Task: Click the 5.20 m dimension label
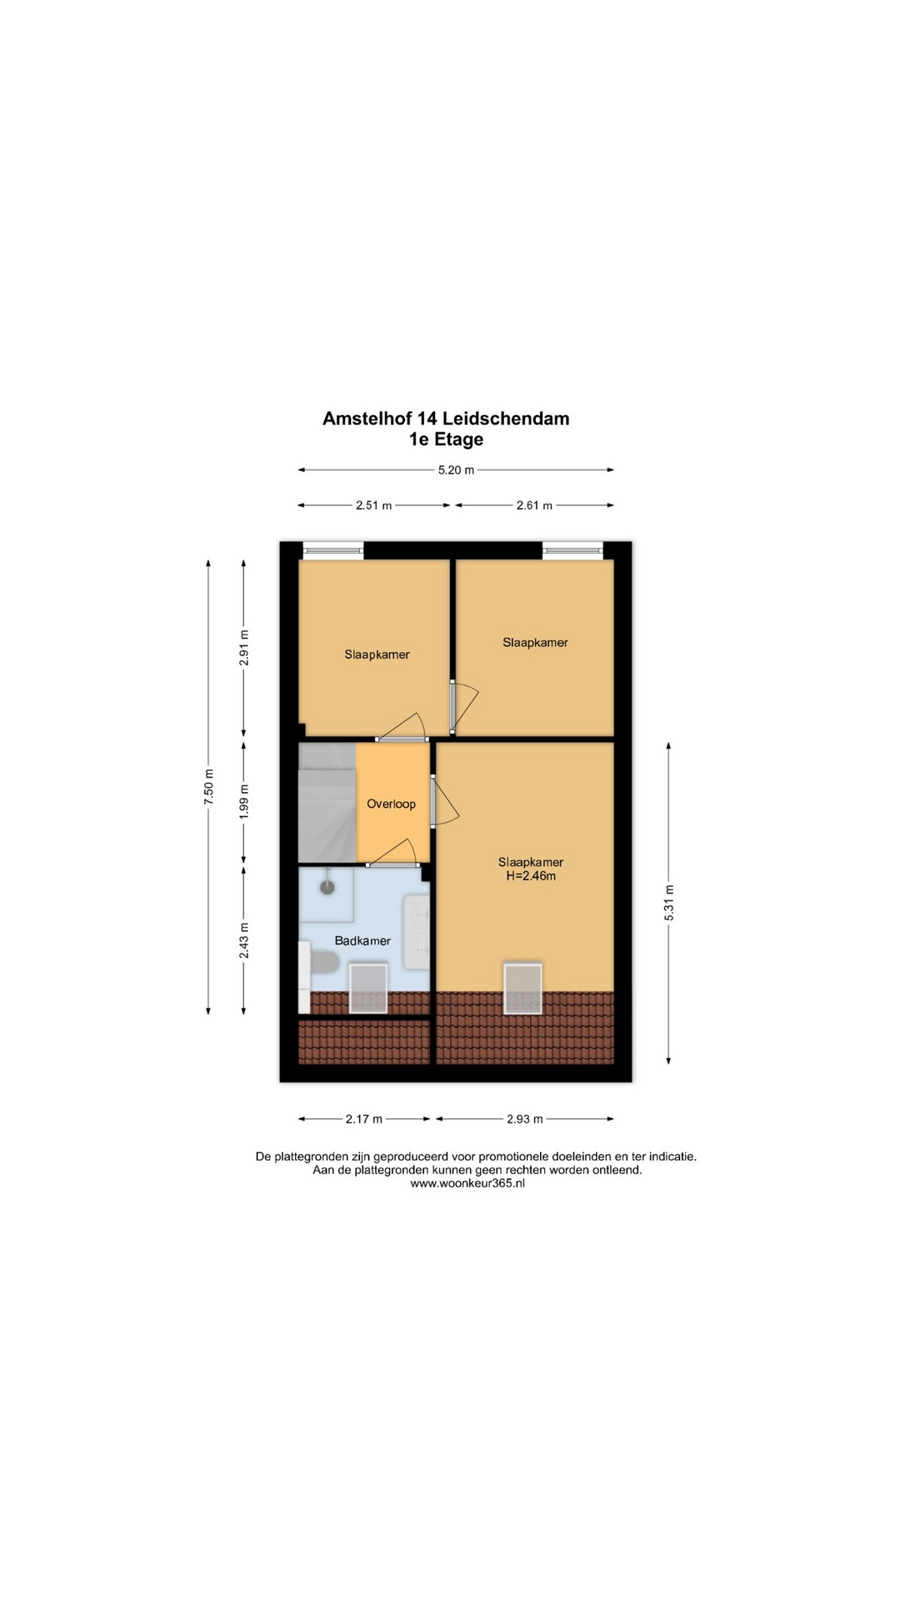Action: (x=456, y=470)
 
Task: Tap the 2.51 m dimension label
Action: (x=373, y=505)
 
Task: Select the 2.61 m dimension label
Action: (x=534, y=505)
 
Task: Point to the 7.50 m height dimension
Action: (x=208, y=786)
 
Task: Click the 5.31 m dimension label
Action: (x=668, y=902)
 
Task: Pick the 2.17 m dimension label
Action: (x=364, y=1118)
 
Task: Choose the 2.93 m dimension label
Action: (x=525, y=1118)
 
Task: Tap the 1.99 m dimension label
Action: (x=243, y=802)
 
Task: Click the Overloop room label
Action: (x=391, y=804)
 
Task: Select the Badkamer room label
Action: (x=362, y=940)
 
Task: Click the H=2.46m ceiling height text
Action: (x=531, y=876)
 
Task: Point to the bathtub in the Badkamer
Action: (x=416, y=932)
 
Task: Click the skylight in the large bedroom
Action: (x=522, y=988)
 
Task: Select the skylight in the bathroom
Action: (x=367, y=989)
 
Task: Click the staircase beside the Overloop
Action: (x=327, y=802)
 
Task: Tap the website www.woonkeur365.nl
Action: (x=467, y=1183)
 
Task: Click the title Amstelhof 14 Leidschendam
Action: (x=446, y=418)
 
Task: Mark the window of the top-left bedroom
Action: (x=333, y=549)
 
